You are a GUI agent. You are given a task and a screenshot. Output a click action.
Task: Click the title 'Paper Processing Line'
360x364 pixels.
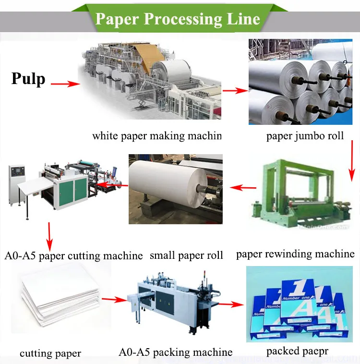tap(178, 19)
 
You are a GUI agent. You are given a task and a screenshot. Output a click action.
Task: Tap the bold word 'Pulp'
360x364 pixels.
tap(28, 78)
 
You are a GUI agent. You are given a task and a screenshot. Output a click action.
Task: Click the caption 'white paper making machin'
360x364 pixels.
tap(157, 136)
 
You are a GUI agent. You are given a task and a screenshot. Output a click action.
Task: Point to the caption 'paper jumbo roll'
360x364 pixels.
tap(305, 136)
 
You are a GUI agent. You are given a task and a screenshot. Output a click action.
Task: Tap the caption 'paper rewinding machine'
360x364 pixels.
tap(295, 254)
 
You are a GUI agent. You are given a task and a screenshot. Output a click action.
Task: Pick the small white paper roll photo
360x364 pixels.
tap(175, 189)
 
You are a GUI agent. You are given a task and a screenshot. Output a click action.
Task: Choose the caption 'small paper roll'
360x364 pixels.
tap(186, 255)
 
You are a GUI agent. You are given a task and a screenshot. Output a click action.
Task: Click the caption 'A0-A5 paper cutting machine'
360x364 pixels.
tap(73, 255)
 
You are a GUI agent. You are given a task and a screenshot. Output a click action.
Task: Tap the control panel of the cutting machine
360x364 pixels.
tap(17, 175)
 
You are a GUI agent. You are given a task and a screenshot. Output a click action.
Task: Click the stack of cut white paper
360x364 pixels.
tap(60, 297)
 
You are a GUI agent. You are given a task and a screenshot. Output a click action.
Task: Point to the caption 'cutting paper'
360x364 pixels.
tap(50, 354)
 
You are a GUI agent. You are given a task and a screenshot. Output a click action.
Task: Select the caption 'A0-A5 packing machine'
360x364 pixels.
tap(176, 352)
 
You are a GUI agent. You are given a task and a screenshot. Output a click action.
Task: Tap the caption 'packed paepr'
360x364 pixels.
tap(297, 351)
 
